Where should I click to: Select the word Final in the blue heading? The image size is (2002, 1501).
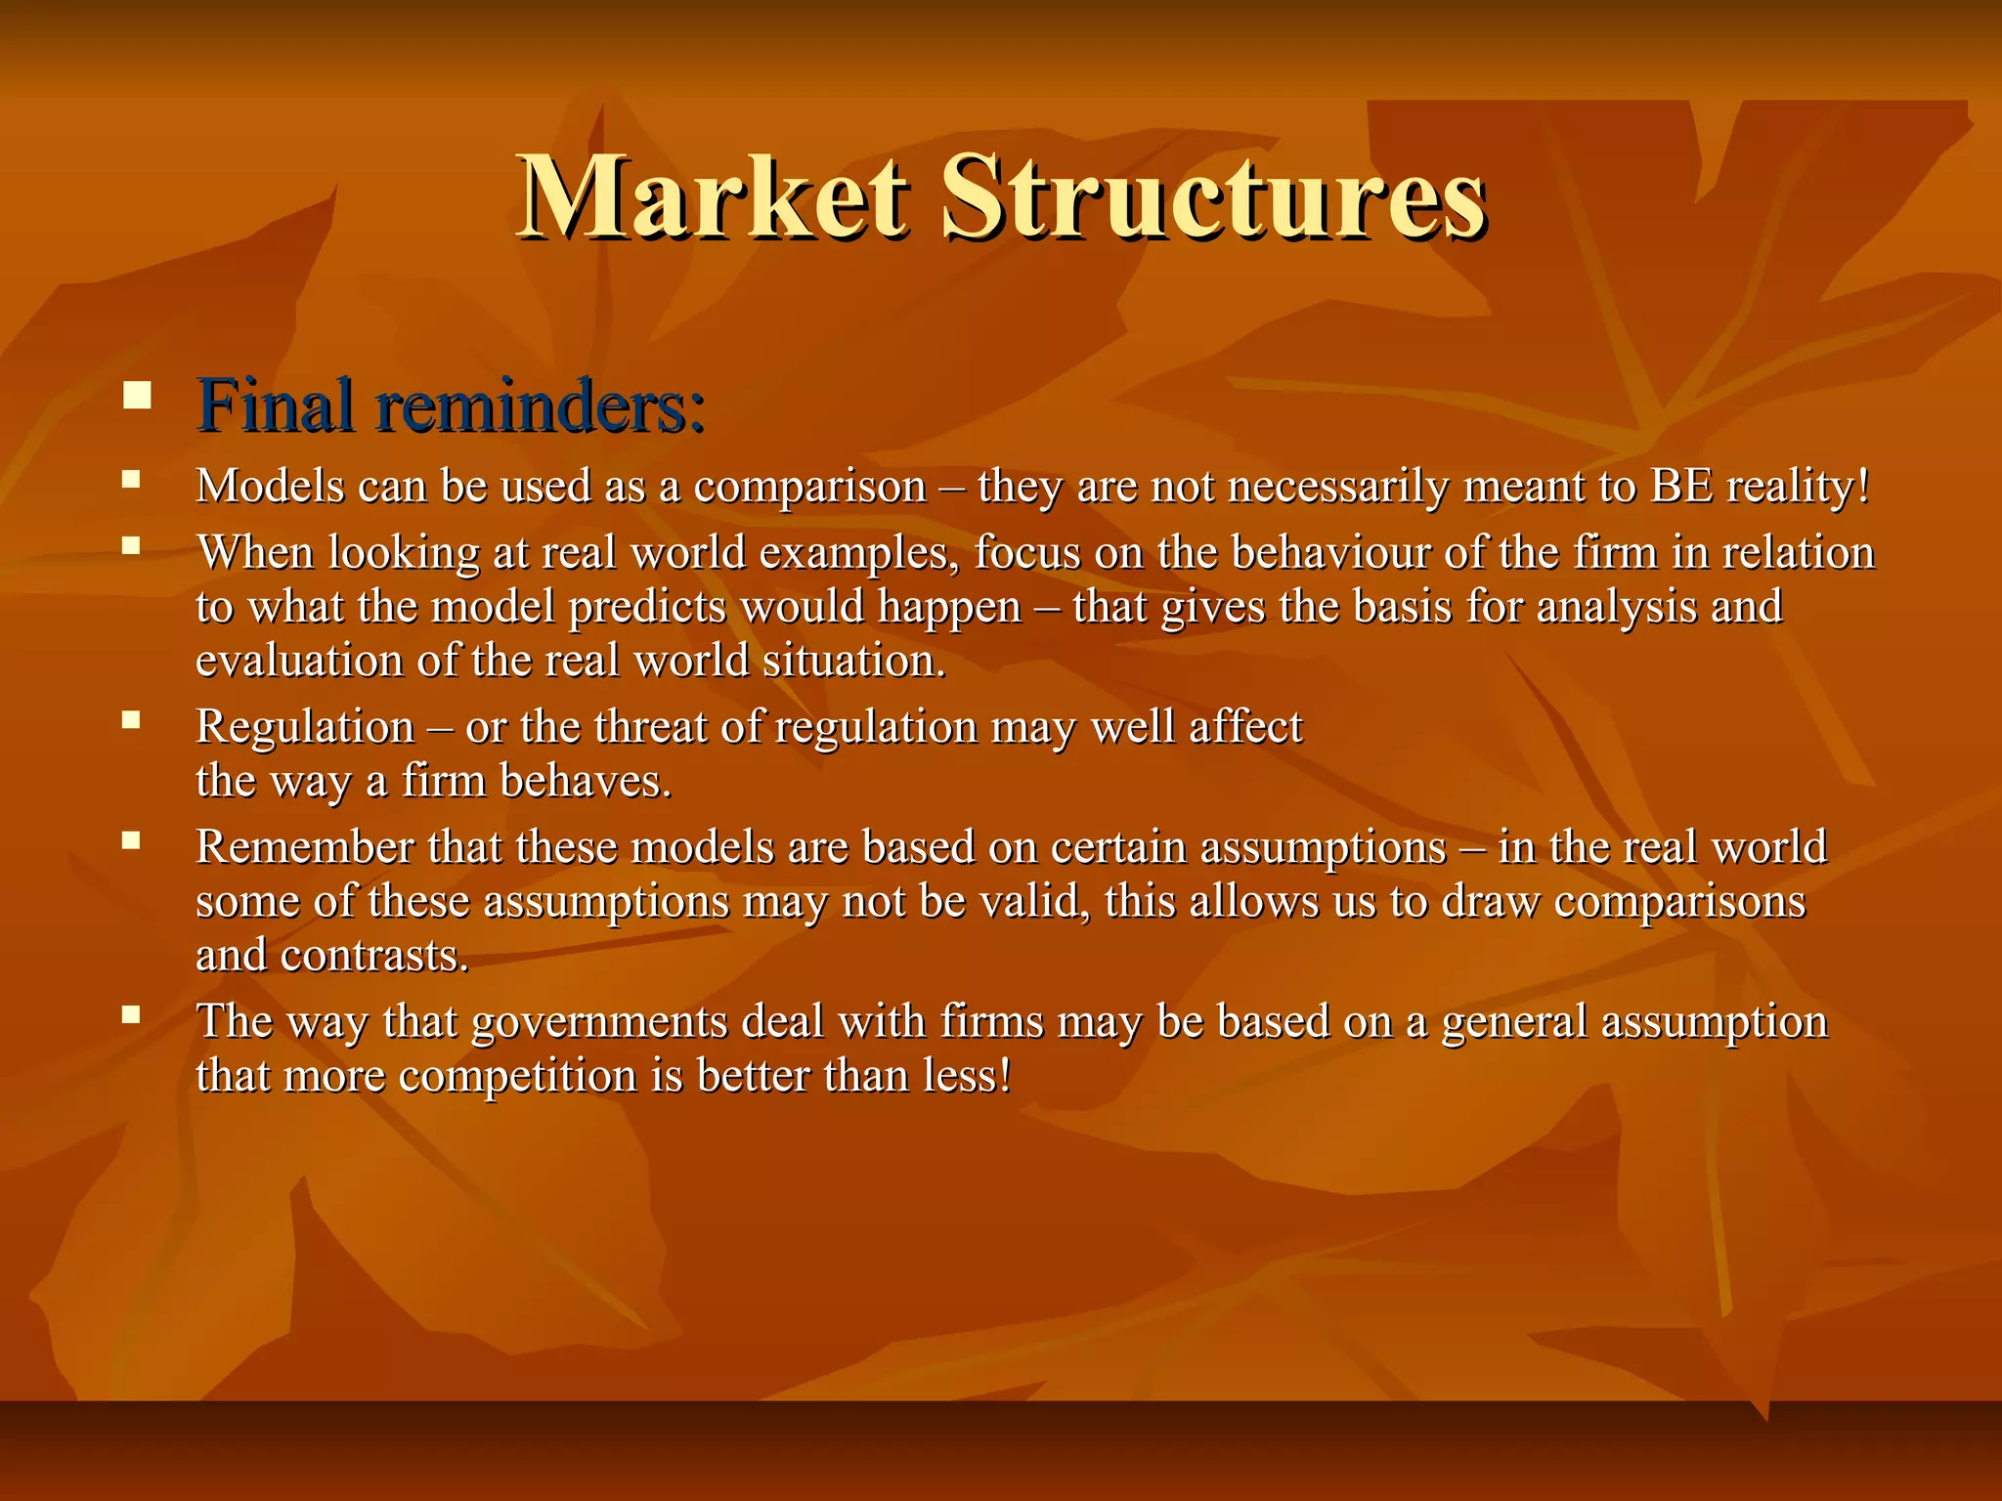click(275, 406)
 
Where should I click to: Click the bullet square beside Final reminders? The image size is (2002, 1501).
click(137, 396)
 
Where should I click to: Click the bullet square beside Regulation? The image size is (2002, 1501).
click(131, 720)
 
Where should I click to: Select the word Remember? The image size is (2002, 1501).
click(305, 847)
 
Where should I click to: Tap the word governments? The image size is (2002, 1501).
click(599, 1023)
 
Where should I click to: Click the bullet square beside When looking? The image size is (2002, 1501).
click(131, 546)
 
